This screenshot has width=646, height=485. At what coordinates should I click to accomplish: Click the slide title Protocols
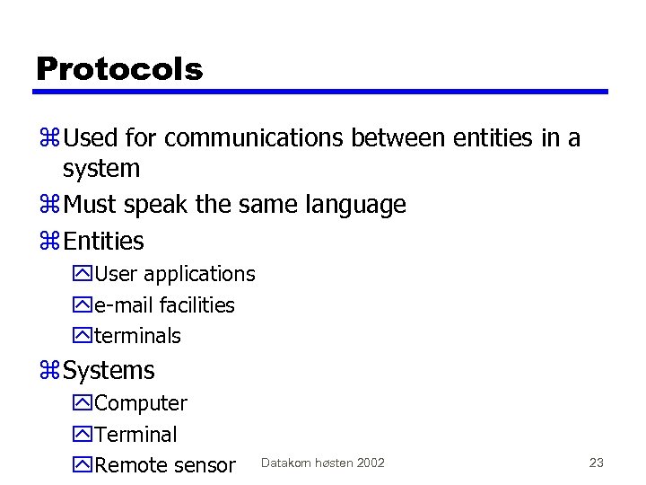119,68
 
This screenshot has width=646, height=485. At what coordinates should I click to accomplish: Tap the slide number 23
596,463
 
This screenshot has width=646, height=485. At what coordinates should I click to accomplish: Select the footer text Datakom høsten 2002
322,463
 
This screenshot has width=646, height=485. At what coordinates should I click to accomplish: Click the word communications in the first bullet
255,138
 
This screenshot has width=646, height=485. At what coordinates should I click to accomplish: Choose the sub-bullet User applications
174,274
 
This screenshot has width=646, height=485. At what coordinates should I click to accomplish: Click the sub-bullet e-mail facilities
164,305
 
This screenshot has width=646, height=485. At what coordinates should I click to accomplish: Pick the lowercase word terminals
137,336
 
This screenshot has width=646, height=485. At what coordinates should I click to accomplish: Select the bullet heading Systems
109,370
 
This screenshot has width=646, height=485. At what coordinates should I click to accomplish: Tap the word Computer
140,403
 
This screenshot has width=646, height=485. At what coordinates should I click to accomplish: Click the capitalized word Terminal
135,434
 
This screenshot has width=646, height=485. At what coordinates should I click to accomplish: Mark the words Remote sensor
164,464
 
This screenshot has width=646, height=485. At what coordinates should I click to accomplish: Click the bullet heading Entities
103,241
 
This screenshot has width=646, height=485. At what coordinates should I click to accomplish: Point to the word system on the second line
100,169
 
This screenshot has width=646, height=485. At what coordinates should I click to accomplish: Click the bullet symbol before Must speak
48,206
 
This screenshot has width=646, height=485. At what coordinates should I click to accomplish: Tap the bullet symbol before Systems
48,371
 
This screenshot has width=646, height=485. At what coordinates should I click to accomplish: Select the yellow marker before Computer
82,404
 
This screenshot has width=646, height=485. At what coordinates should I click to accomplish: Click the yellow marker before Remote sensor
82,465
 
